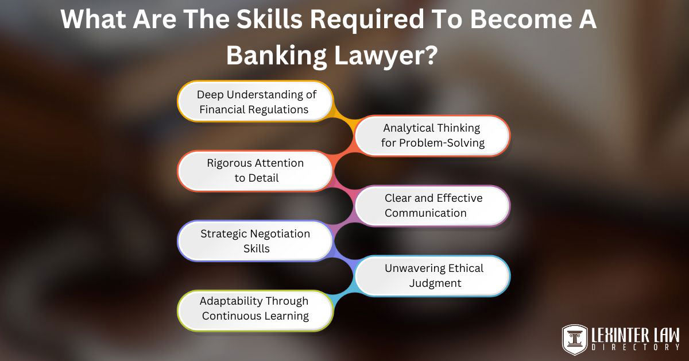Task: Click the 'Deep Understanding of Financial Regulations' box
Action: tap(256, 101)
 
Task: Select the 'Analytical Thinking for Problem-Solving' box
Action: tap(432, 136)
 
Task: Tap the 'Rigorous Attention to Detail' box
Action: tap(256, 171)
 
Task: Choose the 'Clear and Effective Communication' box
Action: tap(432, 205)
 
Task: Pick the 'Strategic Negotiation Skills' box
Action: tap(256, 241)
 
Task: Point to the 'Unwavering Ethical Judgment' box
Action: tap(432, 275)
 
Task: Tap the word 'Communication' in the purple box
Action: tap(425, 213)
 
